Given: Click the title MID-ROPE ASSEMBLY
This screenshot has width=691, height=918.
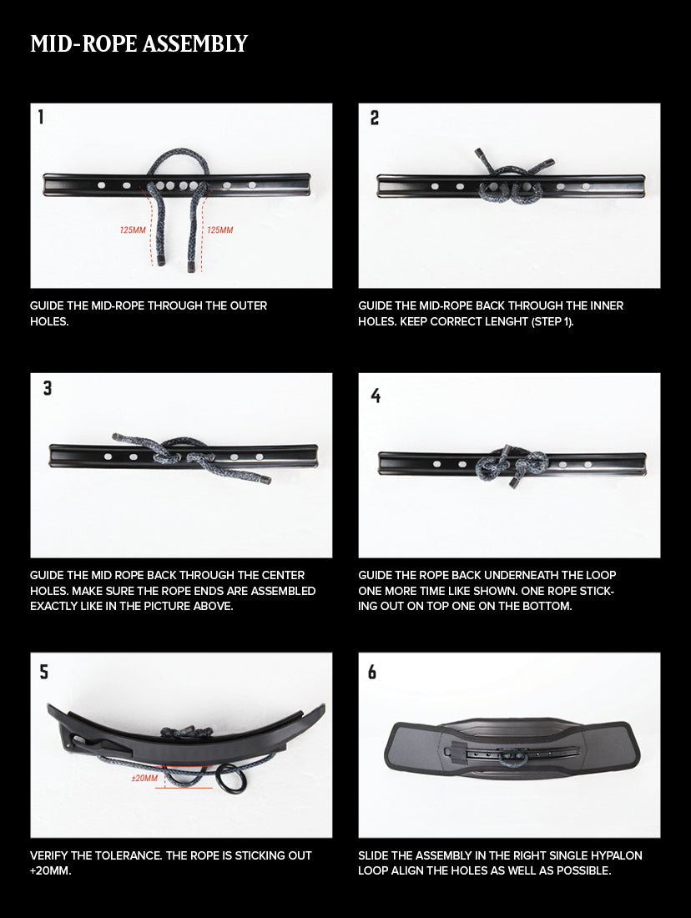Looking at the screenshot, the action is (x=139, y=44).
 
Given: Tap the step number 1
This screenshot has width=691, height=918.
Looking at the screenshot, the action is (x=40, y=117).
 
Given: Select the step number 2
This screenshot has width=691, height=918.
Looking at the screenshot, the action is (x=375, y=119).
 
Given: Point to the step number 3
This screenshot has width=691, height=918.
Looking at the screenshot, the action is (x=48, y=388).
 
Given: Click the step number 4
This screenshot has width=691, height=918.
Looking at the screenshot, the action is (x=376, y=396).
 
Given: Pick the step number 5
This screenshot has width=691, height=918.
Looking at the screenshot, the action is (x=44, y=672).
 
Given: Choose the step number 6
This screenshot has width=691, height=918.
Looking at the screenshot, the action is (x=372, y=672).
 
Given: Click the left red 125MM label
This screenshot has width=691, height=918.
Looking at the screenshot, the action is (x=133, y=230).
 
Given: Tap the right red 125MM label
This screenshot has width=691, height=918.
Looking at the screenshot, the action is (x=220, y=230).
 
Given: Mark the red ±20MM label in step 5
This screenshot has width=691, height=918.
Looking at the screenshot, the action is (x=144, y=778).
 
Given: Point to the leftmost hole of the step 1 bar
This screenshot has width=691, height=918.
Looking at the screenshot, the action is (x=101, y=185).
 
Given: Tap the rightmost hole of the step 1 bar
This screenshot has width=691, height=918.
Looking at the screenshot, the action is (x=252, y=185).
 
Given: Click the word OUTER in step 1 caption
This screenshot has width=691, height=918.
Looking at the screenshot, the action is (x=249, y=305).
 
